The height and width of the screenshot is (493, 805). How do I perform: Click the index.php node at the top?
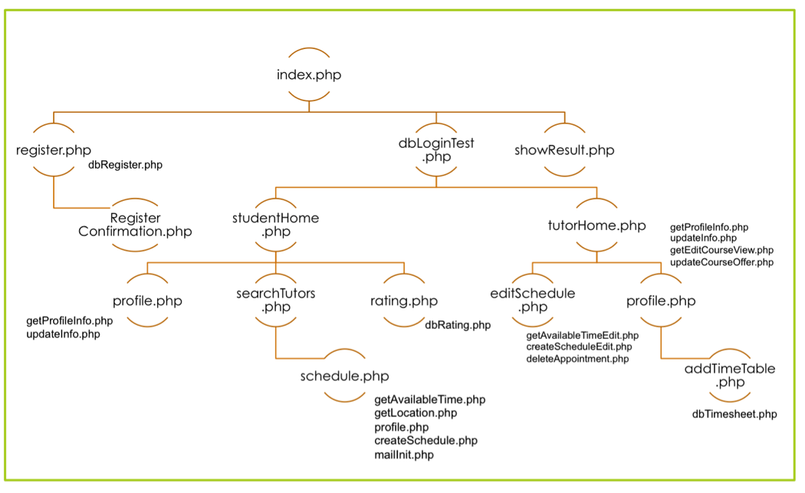[x=309, y=75]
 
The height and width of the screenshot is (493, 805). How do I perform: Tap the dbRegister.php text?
[x=125, y=165]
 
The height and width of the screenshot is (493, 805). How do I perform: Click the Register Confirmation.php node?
[x=135, y=225]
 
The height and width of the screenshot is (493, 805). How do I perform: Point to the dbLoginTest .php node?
[x=435, y=150]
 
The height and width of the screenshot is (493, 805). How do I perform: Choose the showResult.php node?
[x=564, y=150]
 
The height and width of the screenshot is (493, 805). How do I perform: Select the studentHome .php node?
[x=275, y=225]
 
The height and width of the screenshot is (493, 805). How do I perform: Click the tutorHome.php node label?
[x=596, y=225]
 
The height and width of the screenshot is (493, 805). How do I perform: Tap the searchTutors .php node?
[x=276, y=301]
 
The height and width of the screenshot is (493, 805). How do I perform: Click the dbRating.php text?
[x=458, y=325]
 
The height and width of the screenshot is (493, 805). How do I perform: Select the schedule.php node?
[x=344, y=376]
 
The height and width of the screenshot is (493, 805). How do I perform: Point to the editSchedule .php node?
[x=532, y=301]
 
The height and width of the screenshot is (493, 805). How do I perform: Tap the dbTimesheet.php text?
[x=734, y=414]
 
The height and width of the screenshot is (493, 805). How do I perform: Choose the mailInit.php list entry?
[x=403, y=455]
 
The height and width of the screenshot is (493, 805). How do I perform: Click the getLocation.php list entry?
[x=416, y=413]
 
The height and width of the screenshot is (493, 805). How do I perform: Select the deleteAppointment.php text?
[x=577, y=359]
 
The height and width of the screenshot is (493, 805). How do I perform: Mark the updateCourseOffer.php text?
[x=721, y=263]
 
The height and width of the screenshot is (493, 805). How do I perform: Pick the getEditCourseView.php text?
[x=721, y=251]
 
